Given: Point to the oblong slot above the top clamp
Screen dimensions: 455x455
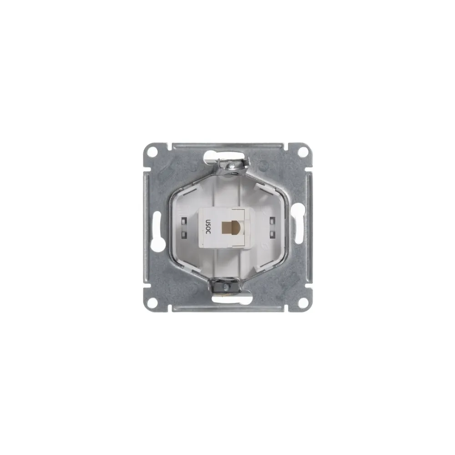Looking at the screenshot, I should [219, 156].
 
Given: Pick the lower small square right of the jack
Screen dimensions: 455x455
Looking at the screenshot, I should [272, 234].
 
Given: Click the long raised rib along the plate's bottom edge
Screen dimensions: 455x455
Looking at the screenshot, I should [227, 308].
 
